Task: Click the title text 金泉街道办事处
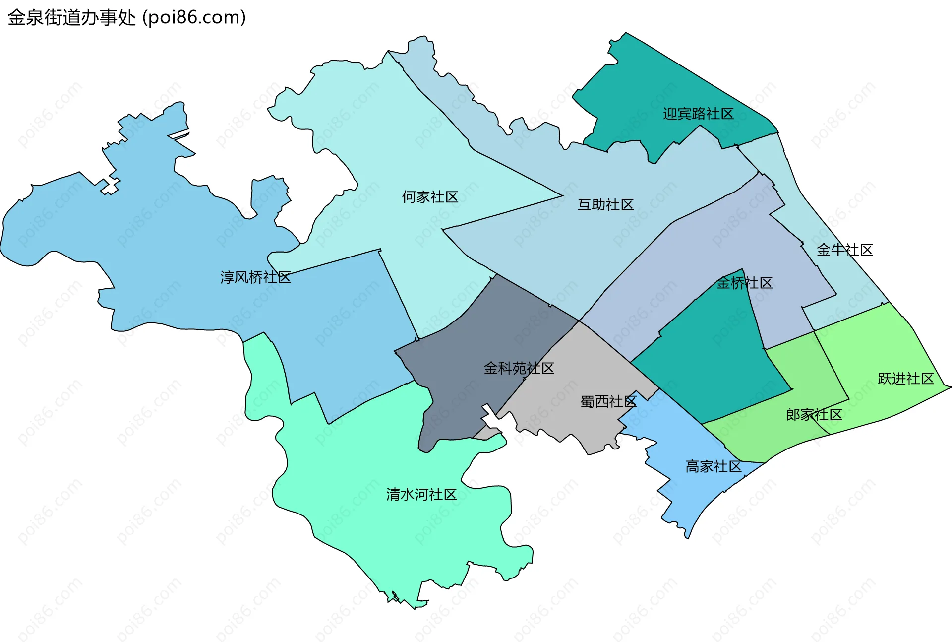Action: tap(72, 18)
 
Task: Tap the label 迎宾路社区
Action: tap(698, 114)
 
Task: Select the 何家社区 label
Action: tap(430, 197)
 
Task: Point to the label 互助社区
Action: tap(605, 204)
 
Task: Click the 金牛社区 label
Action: tap(844, 250)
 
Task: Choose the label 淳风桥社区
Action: tap(255, 277)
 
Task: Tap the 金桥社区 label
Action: tap(744, 283)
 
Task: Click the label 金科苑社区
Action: tap(519, 368)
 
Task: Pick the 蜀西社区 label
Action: tap(608, 401)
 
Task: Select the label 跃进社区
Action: tap(905, 379)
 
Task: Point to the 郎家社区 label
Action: tap(814, 415)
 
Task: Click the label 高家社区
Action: tap(713, 466)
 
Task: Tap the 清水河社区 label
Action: tap(421, 494)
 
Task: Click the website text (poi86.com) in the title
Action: tap(194, 18)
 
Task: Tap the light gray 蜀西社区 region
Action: tap(575, 367)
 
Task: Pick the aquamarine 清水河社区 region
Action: tap(397, 536)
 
